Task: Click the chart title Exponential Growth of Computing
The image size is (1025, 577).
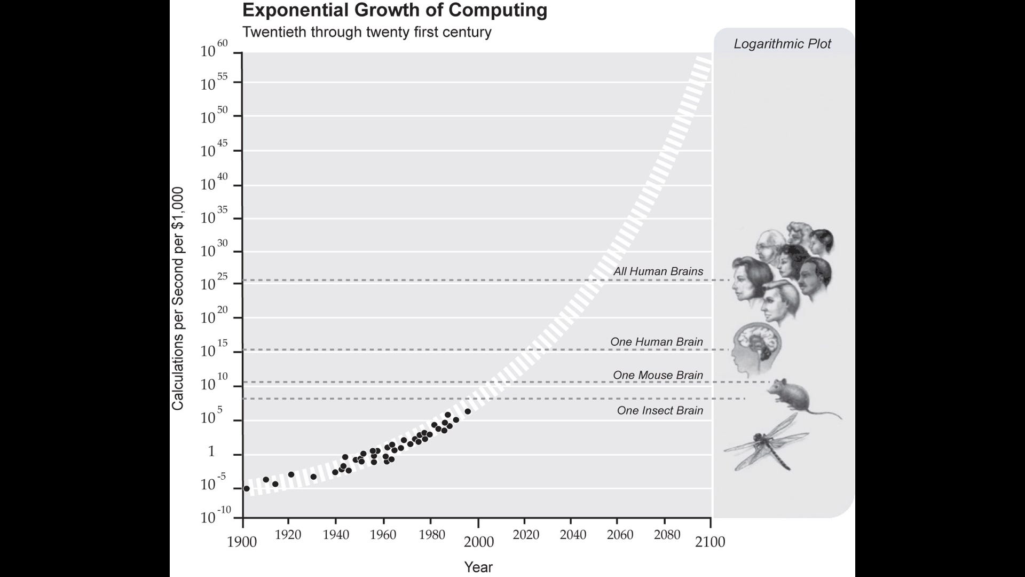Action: click(x=395, y=10)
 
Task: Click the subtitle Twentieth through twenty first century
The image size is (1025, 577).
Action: click(x=367, y=32)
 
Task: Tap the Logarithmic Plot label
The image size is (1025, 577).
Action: click(x=782, y=44)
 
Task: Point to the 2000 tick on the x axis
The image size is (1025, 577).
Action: click(x=478, y=542)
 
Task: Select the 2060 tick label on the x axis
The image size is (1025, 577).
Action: click(x=620, y=535)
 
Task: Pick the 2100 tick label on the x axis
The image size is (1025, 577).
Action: click(x=710, y=542)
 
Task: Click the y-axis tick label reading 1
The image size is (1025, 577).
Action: click(x=211, y=451)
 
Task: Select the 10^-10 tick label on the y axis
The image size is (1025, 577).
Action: click(x=215, y=516)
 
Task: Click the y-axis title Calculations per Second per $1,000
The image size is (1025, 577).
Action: click(x=178, y=299)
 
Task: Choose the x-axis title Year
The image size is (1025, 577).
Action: click(x=478, y=567)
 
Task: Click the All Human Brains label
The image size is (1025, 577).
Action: click(x=658, y=271)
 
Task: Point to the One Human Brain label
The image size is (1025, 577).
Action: click(x=656, y=342)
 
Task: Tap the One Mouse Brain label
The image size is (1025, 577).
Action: click(x=658, y=375)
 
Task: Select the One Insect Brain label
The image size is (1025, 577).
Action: click(x=660, y=410)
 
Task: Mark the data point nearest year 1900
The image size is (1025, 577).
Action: click(x=246, y=488)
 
